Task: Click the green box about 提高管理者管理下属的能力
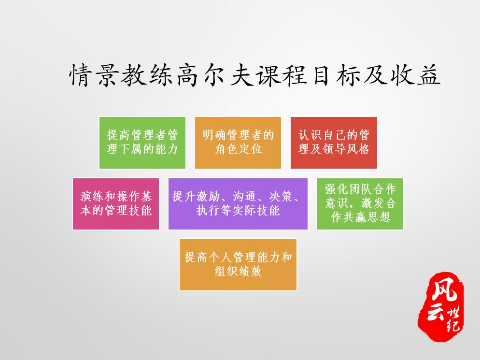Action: [142, 143]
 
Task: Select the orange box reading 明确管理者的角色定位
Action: [238, 143]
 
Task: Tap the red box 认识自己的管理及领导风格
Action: [334, 143]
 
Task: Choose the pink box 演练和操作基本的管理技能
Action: [116, 204]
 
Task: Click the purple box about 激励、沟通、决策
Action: [238, 204]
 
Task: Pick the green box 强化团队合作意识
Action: [360, 204]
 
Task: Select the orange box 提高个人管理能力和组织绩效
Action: [238, 265]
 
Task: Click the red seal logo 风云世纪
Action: [441, 306]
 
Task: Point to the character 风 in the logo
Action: [444, 290]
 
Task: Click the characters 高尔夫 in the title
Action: [215, 75]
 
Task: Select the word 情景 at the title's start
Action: [93, 75]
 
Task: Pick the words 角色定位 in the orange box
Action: [238, 149]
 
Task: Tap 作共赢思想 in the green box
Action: [360, 217]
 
